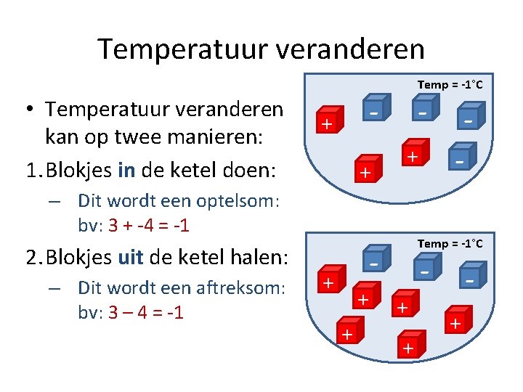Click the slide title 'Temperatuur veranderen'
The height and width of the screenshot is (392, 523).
(x=261, y=49)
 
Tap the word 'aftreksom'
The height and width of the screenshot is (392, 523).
(x=240, y=287)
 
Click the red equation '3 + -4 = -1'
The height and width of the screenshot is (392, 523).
(x=148, y=225)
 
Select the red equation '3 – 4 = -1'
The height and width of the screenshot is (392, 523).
(x=145, y=312)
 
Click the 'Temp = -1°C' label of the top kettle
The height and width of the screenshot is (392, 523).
(x=450, y=85)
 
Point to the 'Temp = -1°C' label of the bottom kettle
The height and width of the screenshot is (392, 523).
(x=450, y=244)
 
